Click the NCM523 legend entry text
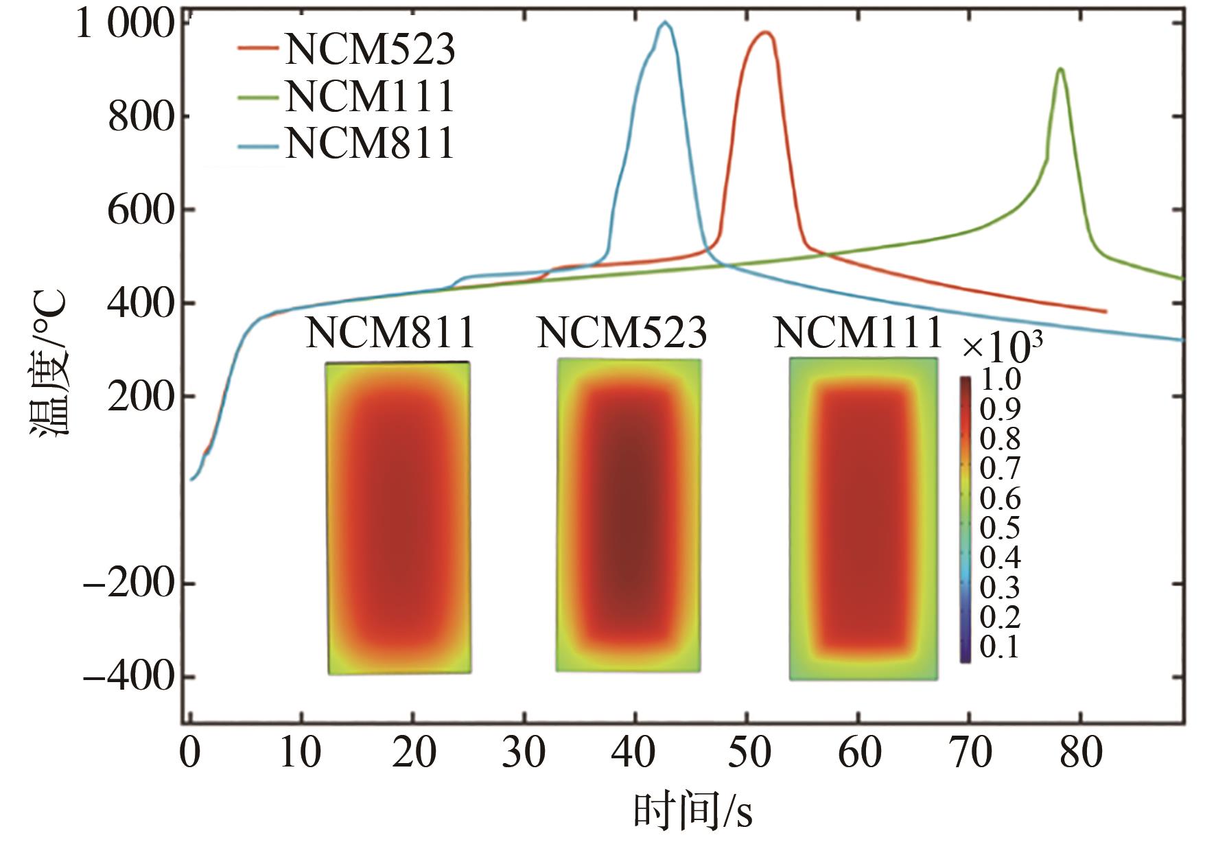[x=370, y=49]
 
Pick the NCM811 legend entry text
[x=370, y=143]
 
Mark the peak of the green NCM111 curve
[x=1061, y=69]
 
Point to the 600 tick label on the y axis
[x=141, y=209]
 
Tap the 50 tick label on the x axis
[x=747, y=753]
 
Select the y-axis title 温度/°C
[x=48, y=364]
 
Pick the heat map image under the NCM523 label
[x=629, y=515]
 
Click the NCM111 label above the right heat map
[x=858, y=334]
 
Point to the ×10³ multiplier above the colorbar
[x=1002, y=347]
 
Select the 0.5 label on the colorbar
[x=1000, y=528]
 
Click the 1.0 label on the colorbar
[x=1000, y=379]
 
